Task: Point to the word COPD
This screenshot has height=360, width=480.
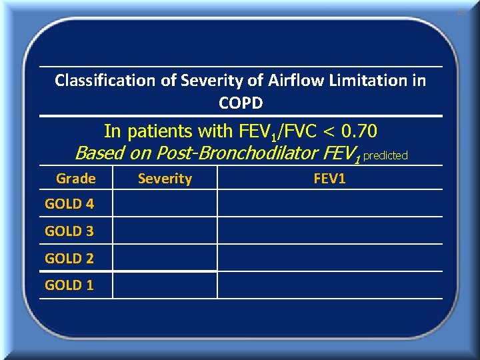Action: [x=241, y=103]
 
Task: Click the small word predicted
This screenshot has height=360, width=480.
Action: [x=385, y=155]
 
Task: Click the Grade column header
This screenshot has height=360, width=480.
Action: [x=75, y=179]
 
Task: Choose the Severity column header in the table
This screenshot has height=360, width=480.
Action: [x=165, y=179]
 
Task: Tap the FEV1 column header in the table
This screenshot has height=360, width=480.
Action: [x=329, y=179]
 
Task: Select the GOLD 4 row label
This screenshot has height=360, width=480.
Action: [x=69, y=204]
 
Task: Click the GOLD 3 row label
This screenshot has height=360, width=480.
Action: [x=69, y=231]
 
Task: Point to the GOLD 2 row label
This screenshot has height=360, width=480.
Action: [x=69, y=258]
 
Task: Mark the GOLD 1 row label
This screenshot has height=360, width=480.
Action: [x=69, y=285]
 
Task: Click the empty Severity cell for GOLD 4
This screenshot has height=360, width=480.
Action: [x=165, y=203]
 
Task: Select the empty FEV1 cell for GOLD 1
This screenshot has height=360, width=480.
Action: [x=329, y=285]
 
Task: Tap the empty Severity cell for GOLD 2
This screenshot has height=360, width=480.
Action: [x=165, y=258]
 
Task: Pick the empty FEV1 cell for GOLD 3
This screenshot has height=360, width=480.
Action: [x=329, y=231]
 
